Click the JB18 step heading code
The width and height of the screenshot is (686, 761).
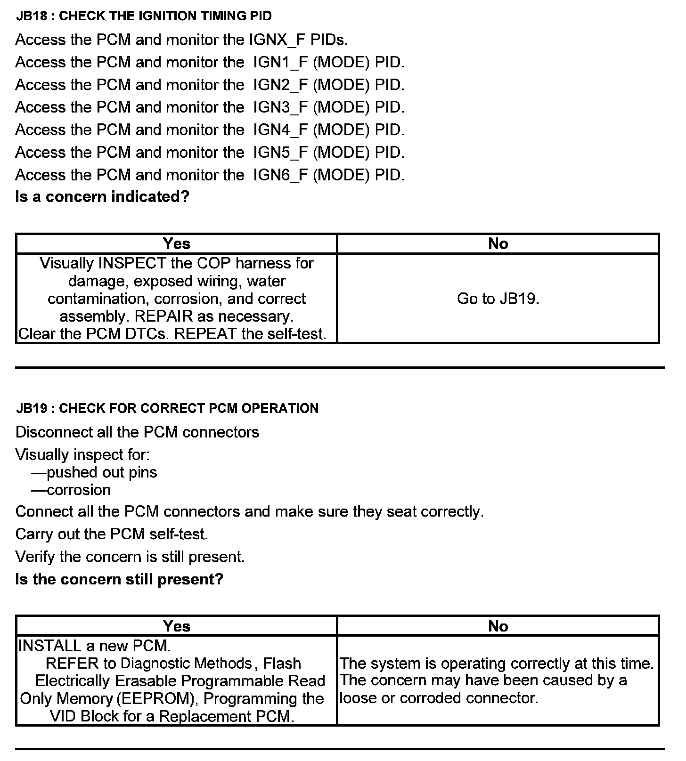tap(32, 16)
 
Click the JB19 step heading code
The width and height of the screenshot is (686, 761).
tap(32, 408)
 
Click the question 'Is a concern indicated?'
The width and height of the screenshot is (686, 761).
tap(102, 196)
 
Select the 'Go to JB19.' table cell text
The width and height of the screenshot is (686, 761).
tap(498, 299)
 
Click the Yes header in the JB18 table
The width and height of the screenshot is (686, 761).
tap(177, 243)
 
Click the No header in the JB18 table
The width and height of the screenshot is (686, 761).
tap(498, 243)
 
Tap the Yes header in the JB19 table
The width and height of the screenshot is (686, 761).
tap(177, 626)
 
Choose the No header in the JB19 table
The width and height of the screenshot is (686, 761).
tap(498, 626)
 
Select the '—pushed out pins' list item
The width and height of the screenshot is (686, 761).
tap(94, 472)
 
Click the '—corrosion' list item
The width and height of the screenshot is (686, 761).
tap(71, 490)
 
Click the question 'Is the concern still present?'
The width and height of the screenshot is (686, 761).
tap(119, 579)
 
